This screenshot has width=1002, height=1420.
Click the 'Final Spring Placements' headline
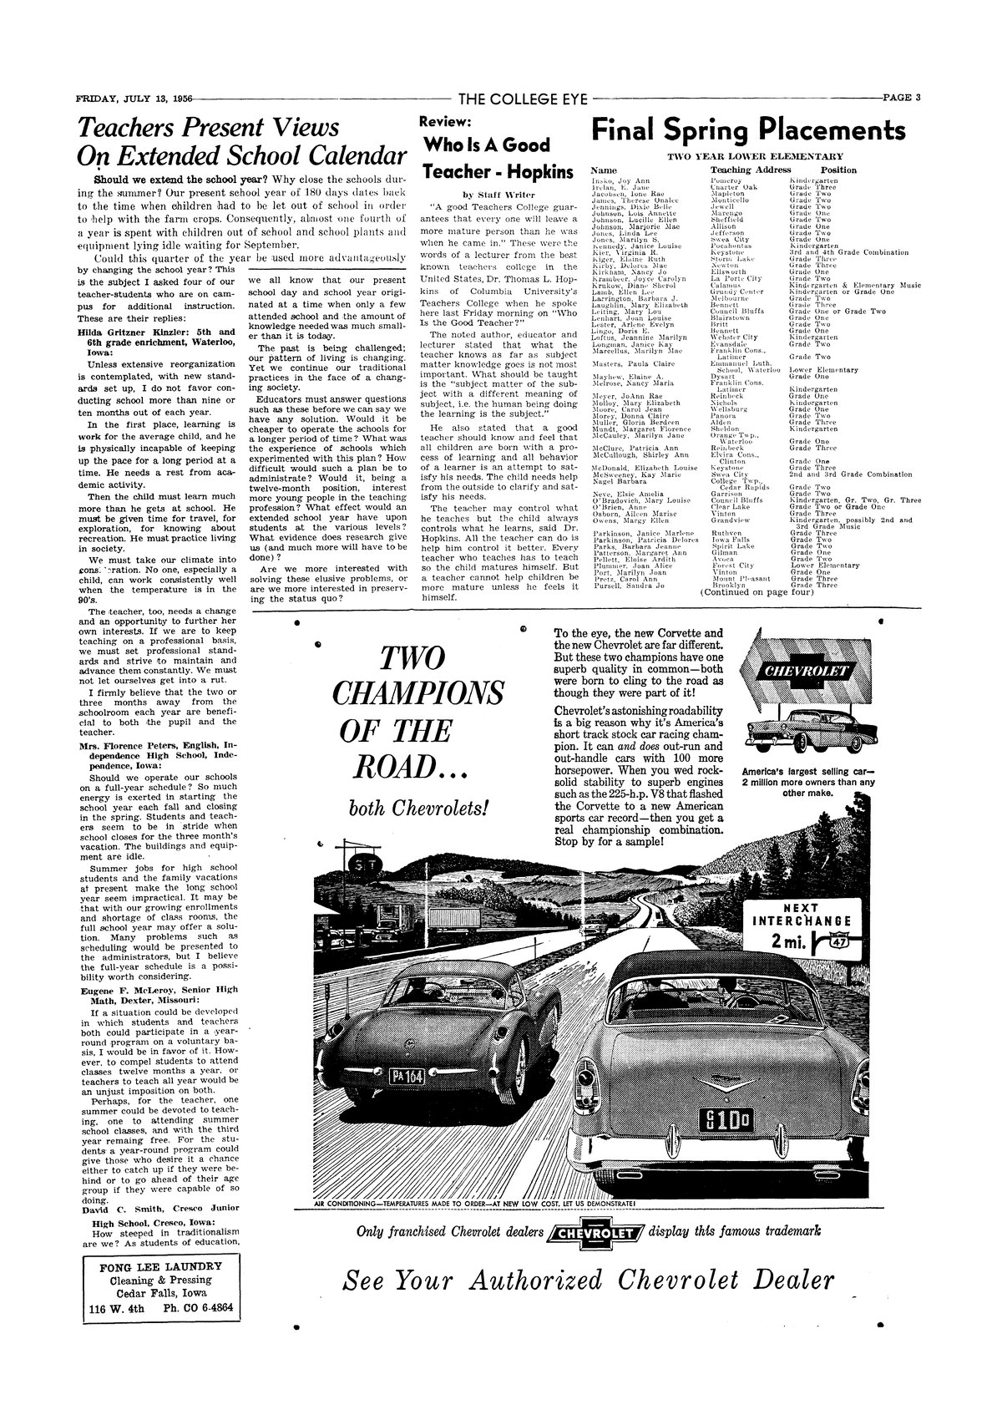tap(748, 130)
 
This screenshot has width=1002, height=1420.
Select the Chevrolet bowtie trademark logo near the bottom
tap(596, 1233)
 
